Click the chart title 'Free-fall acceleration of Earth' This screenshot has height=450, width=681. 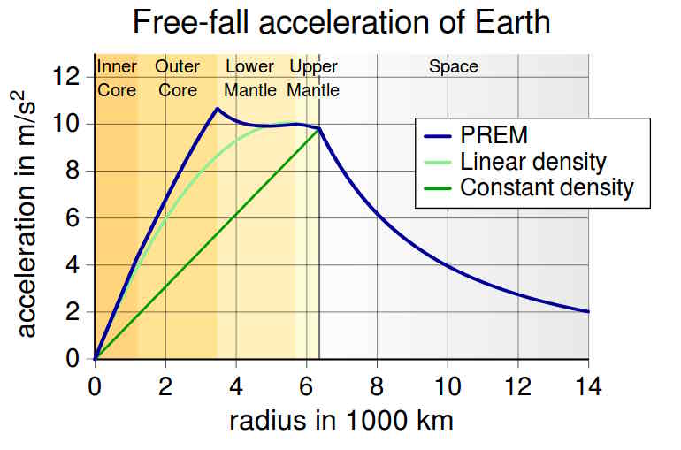340,22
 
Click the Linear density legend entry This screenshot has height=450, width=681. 532,161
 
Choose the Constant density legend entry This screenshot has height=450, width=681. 547,187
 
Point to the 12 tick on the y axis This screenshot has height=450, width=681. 67,77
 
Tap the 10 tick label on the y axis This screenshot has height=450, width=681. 67,124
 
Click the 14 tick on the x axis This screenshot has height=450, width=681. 588,386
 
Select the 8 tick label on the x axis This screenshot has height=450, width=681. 377,386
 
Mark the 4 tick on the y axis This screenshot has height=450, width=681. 74,265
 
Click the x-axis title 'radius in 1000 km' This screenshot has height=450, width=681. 340,420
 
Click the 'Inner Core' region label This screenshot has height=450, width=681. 116,78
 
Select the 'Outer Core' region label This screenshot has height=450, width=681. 177,78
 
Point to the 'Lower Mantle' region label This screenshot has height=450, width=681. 250,78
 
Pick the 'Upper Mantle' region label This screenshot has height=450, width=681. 314,78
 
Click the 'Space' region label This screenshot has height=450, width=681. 453,66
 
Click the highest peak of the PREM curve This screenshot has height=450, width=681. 217,109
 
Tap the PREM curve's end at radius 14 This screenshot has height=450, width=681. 588,311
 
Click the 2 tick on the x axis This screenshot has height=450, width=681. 165,386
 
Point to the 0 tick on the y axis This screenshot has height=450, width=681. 74,359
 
